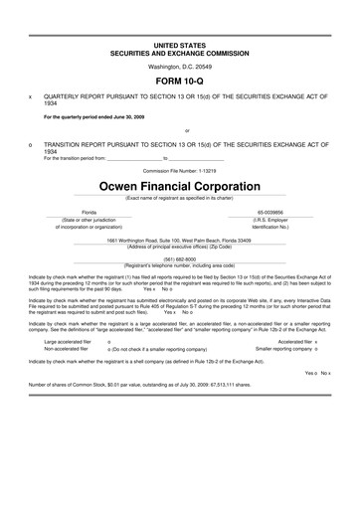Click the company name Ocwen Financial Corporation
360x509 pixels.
(x=179, y=185)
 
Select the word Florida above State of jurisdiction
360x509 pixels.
(x=90, y=213)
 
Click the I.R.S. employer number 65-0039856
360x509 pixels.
(x=270, y=213)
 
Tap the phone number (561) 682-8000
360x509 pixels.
(x=180, y=258)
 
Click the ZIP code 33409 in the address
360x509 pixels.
(x=244, y=240)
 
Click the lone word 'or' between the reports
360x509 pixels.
(x=180, y=130)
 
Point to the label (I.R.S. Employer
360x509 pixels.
(x=270, y=220)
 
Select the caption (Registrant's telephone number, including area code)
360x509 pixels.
(x=180, y=265)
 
